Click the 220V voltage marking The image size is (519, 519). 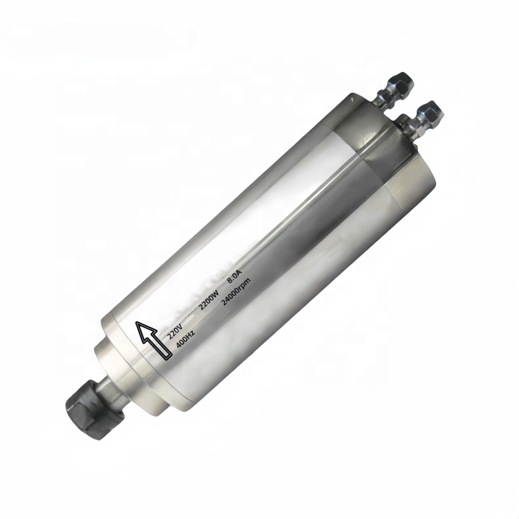coord(175,330)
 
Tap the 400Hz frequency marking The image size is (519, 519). coord(186,337)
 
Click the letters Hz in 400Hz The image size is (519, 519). coord(190,333)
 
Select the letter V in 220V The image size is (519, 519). coord(179,326)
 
